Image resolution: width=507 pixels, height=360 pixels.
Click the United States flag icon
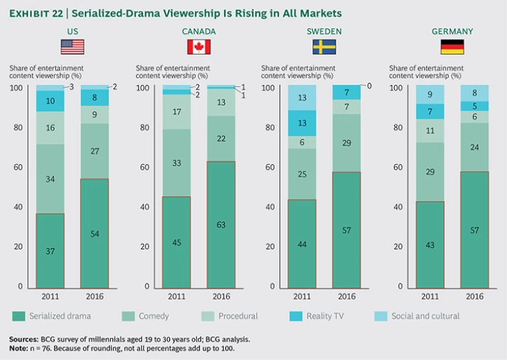tap(73, 47)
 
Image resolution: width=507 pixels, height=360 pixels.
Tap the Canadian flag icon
tap(199, 47)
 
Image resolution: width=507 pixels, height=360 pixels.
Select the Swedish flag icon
tap(323, 47)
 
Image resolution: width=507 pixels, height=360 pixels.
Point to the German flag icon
tap(452, 47)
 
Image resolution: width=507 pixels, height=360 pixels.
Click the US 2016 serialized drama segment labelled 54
tap(94, 233)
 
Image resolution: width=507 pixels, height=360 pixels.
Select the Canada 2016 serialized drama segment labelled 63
tap(221, 224)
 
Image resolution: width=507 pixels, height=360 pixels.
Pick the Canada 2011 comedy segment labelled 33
tap(177, 163)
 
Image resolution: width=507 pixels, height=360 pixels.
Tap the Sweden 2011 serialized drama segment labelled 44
tap(302, 243)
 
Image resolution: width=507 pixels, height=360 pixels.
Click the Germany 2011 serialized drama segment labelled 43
tap(430, 244)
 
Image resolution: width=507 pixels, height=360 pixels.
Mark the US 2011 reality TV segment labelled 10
tap(50, 100)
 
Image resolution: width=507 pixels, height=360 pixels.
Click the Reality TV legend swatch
tap(294, 316)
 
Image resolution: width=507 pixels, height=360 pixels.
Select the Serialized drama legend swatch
tap(18, 316)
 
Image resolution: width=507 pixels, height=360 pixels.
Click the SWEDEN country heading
tap(323, 31)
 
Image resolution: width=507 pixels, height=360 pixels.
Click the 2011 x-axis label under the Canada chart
tap(177, 296)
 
